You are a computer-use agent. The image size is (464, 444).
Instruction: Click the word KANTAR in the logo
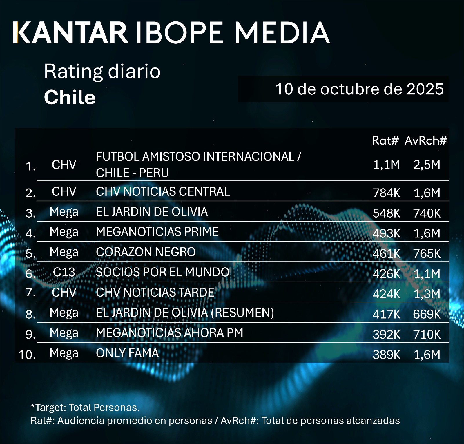tap(71, 32)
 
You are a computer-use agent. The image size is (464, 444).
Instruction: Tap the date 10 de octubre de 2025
tap(359, 89)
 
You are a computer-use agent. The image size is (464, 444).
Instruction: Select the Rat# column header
tap(385, 140)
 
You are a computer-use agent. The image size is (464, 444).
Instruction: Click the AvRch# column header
tap(426, 140)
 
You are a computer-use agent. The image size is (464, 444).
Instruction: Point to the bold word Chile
tap(70, 97)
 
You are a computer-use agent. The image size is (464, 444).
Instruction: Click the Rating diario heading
tap(102, 71)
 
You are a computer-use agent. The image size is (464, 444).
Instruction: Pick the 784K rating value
tap(386, 193)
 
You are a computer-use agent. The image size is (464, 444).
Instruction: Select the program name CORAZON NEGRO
tap(146, 252)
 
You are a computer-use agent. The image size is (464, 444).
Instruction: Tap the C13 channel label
tap(64, 272)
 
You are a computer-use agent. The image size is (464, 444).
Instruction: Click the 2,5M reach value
tap(427, 165)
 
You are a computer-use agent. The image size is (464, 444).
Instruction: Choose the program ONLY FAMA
tap(127, 353)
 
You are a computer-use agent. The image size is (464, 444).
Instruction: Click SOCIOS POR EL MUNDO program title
tap(162, 272)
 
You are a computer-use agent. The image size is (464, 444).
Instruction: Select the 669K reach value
tap(427, 314)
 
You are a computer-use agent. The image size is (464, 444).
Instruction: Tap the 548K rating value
tap(386, 213)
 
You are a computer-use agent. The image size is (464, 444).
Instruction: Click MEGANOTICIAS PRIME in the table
tap(157, 232)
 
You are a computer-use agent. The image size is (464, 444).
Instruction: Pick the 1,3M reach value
tap(427, 294)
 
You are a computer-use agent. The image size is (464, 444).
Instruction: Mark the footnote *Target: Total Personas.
tap(85, 408)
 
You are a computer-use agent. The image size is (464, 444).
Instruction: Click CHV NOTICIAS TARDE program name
tap(155, 293)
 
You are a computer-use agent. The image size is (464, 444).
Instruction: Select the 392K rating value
tap(386, 335)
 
